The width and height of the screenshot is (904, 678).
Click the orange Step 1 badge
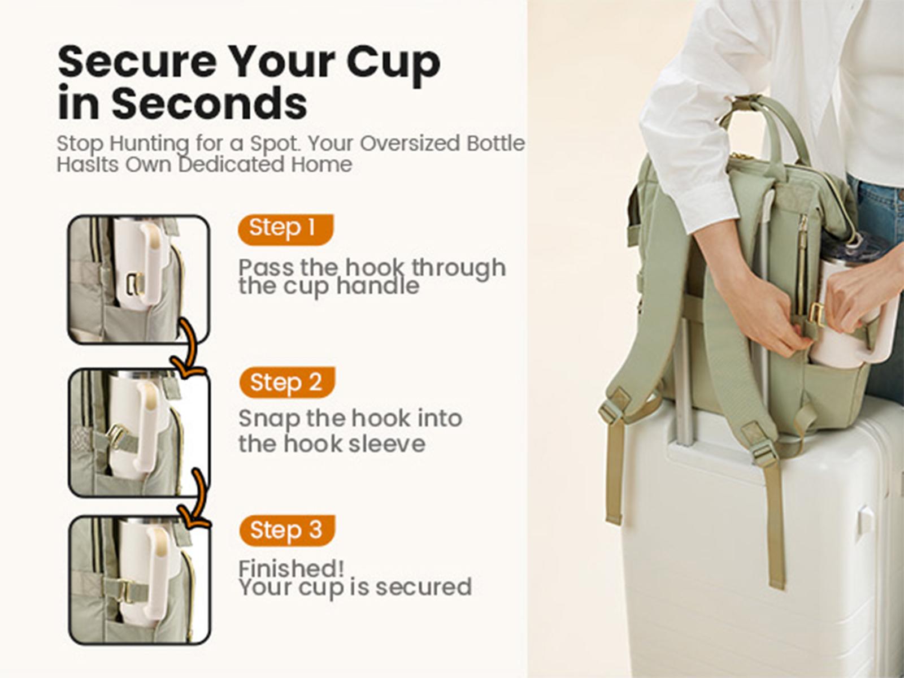click(286, 229)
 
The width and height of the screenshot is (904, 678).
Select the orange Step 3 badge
click(287, 531)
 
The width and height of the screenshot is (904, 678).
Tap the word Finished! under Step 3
click(291, 568)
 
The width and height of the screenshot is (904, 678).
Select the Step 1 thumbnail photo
click(139, 280)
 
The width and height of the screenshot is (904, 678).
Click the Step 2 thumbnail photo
click(139, 432)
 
